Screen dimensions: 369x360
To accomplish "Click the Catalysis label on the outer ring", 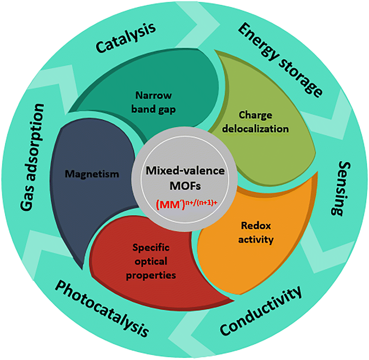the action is tap(126, 38).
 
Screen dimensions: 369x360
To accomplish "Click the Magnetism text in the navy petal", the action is tap(92, 174).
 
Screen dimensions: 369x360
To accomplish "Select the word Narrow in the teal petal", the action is tap(154, 95).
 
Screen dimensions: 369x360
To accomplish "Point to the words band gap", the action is tap(154, 109).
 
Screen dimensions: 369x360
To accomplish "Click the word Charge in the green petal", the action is tap(256, 115).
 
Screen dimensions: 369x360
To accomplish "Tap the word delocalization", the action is tap(256, 129).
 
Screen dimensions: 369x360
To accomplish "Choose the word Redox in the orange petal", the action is tap(256, 226).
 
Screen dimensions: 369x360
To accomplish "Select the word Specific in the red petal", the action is tap(151, 248).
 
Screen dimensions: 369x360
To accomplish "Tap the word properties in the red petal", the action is tap(151, 275).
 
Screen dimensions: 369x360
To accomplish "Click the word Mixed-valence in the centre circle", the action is tap(185, 171).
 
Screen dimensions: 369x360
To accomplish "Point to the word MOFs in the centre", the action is tap(185, 186).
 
